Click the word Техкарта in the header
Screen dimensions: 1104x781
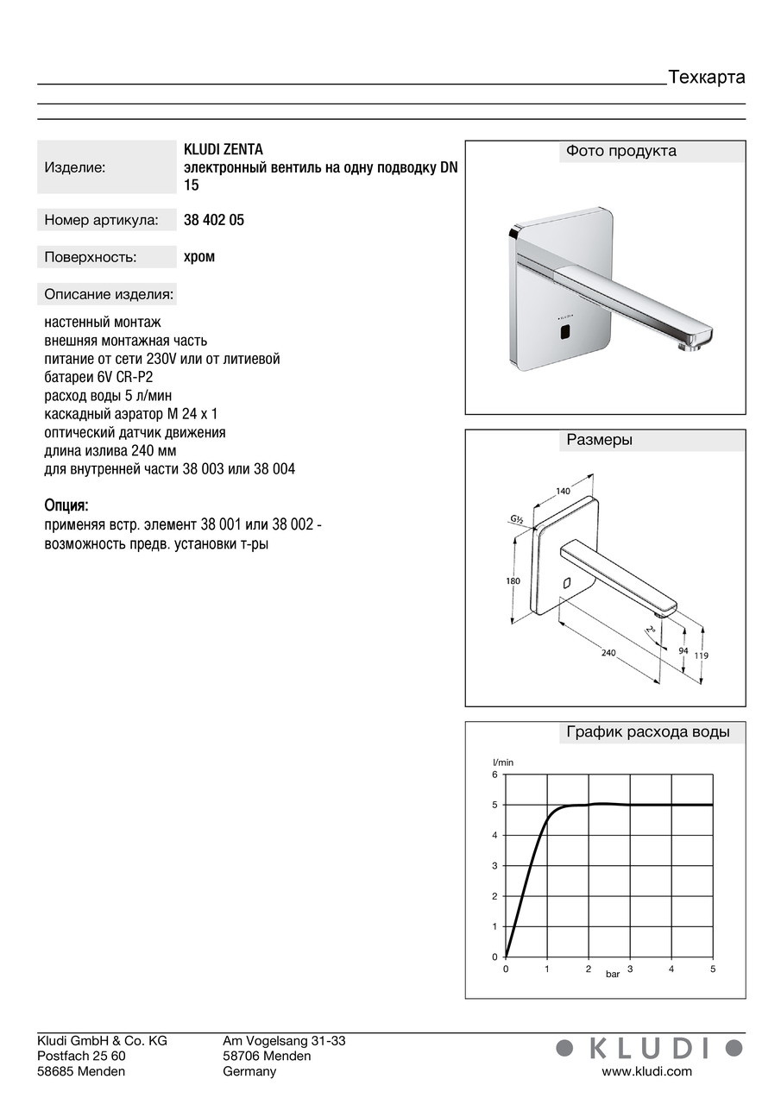click(x=706, y=78)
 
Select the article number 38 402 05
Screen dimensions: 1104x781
click(x=214, y=220)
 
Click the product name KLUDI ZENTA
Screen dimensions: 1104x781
click(x=224, y=150)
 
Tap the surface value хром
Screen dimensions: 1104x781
click(x=199, y=256)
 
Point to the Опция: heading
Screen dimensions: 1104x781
click(x=66, y=505)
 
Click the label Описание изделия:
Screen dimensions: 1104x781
click(x=109, y=294)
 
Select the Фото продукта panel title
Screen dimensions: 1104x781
click(x=621, y=152)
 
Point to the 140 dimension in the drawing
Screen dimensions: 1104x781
click(x=563, y=491)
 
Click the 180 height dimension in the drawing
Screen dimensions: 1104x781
click(x=513, y=581)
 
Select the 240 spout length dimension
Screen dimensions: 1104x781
click(x=608, y=653)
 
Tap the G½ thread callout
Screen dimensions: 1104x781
click(x=517, y=519)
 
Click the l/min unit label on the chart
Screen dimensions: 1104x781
click(x=503, y=762)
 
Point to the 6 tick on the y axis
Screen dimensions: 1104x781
click(x=495, y=775)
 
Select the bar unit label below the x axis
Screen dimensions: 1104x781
click(x=612, y=974)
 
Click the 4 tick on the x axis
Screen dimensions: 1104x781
click(x=671, y=969)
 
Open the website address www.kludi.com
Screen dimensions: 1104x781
click(x=646, y=1071)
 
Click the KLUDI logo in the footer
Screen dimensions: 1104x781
click(x=649, y=1048)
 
